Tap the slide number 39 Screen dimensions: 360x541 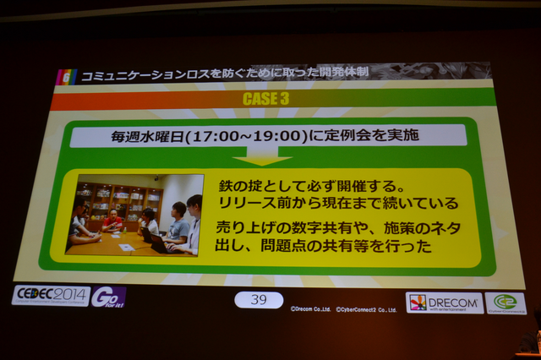click(259, 299)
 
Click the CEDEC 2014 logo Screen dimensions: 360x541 click(50, 295)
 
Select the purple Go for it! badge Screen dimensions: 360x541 click(108, 296)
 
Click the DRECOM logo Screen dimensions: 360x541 click(444, 303)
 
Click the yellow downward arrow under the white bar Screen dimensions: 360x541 click(261, 157)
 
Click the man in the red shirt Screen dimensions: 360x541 click(112, 221)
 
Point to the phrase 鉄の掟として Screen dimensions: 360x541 click(251, 185)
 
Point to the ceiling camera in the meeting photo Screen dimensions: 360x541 click(156, 179)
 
